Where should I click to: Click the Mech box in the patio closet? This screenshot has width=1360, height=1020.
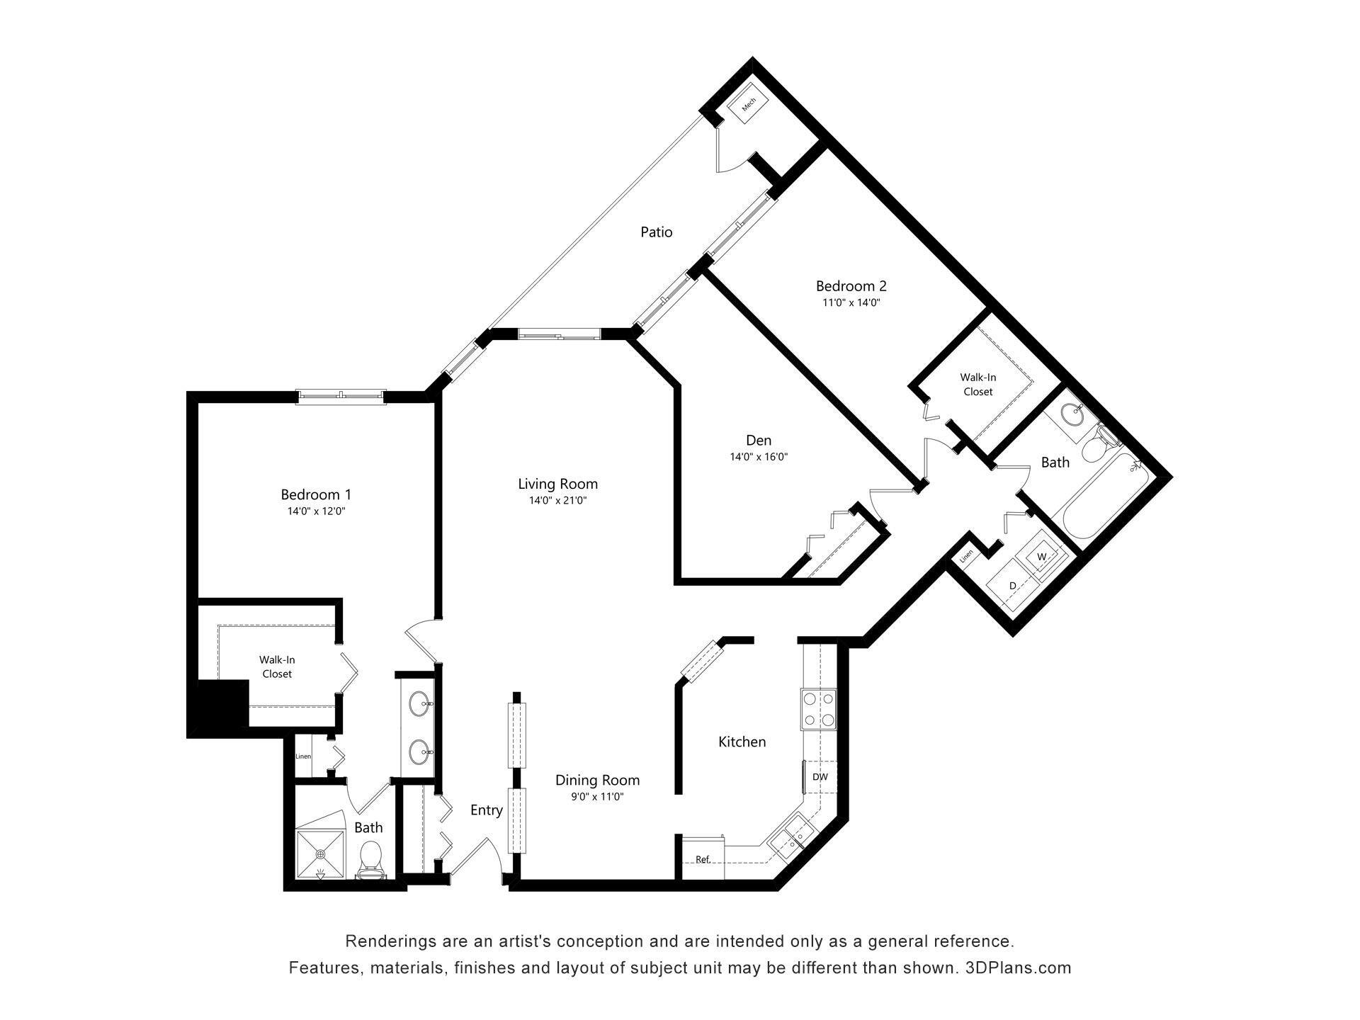749,105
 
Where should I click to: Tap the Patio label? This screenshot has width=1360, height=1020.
656,232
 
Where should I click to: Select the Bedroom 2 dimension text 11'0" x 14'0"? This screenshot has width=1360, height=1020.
851,302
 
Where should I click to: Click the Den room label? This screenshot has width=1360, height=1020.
759,441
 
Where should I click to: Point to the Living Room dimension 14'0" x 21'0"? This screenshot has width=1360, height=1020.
557,501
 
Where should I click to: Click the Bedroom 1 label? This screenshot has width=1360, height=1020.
316,494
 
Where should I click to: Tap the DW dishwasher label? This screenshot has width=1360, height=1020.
820,777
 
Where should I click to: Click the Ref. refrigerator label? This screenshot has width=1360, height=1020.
702,859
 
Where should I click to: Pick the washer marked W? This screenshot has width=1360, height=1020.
1041,557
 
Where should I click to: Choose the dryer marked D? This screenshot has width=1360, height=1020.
1012,586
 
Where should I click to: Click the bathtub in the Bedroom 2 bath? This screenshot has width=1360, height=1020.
1102,496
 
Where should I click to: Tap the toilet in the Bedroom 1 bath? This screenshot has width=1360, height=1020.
370,858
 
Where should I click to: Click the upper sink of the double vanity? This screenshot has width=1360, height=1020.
419,704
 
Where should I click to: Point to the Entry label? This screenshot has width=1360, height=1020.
486,810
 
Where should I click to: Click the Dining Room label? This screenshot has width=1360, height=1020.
597,781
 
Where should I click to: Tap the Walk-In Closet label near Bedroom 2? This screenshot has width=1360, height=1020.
977,385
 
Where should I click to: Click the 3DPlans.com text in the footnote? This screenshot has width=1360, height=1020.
1018,968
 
